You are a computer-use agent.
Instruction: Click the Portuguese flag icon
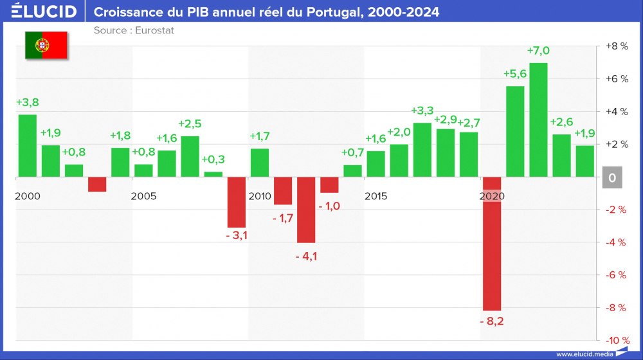click(x=46, y=45)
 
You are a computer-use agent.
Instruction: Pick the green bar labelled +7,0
click(x=538, y=120)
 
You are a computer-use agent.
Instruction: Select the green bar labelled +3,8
click(x=27, y=145)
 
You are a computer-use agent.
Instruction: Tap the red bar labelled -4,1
click(x=306, y=210)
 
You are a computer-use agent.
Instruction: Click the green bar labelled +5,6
click(x=515, y=131)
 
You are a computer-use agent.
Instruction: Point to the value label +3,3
click(x=422, y=111)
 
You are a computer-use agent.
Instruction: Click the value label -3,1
click(x=237, y=235)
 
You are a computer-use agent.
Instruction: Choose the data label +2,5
click(x=190, y=124)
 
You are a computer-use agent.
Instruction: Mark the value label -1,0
click(x=329, y=206)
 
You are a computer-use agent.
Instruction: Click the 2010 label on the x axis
click(x=259, y=196)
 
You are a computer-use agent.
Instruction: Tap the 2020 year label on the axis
click(x=492, y=196)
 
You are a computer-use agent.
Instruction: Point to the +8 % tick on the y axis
click(x=616, y=46)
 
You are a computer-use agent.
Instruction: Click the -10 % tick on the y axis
click(x=616, y=340)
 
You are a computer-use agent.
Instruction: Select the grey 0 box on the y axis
click(x=612, y=178)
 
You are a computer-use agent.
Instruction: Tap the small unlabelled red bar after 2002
click(x=97, y=184)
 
